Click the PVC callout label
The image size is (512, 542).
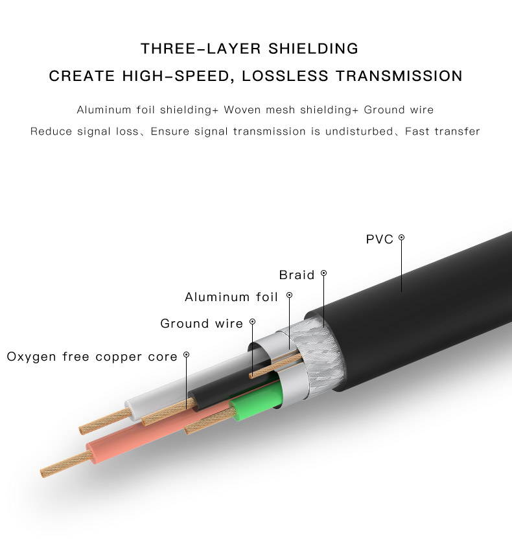point(380,239)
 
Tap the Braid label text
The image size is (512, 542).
point(297,275)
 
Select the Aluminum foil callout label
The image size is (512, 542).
point(231,297)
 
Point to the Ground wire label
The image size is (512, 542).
point(202,324)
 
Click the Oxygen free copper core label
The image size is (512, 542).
point(92,357)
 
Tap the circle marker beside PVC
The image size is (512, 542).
point(401,238)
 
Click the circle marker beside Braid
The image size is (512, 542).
point(323,273)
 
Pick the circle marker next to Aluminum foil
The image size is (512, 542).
point(289,295)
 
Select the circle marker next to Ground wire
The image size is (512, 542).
point(253,322)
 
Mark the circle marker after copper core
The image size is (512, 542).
point(186,355)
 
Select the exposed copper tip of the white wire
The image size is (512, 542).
point(106,422)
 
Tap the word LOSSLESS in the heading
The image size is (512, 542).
point(285,76)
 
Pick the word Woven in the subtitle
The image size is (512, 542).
point(242,110)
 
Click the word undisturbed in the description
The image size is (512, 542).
point(359,131)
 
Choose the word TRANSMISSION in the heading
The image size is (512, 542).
point(399,76)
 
